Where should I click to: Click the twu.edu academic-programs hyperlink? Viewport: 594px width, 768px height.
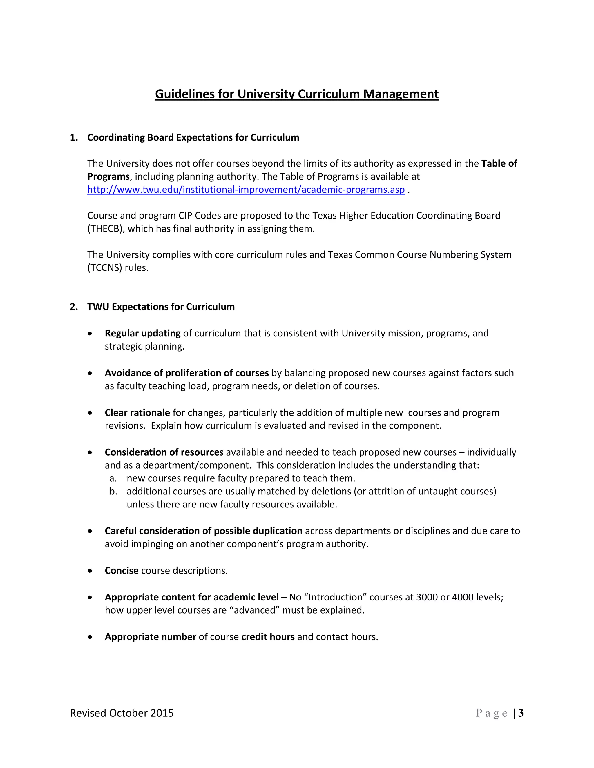pyautogui.click(x=246, y=190)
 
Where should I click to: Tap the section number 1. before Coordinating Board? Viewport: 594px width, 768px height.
pyautogui.click(x=74, y=137)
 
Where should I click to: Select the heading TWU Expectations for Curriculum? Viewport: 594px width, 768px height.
pyautogui.click(x=161, y=307)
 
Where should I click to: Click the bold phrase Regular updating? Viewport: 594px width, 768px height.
pyautogui.click(x=142, y=333)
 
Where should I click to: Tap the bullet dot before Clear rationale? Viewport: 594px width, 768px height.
pyautogui.click(x=90, y=413)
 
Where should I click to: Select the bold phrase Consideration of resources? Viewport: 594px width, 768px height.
pyautogui.click(x=164, y=452)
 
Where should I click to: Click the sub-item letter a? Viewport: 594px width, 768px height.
pyautogui.click(x=113, y=478)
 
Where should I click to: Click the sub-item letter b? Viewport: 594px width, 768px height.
pyautogui.click(x=113, y=491)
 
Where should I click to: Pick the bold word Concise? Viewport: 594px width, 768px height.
pyautogui.click(x=122, y=570)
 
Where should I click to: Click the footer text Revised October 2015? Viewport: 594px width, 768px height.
pyautogui.click(x=122, y=713)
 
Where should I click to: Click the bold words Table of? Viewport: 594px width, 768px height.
pyautogui.click(x=499, y=163)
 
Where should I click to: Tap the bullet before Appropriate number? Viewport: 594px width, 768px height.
pyautogui.click(x=90, y=637)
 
